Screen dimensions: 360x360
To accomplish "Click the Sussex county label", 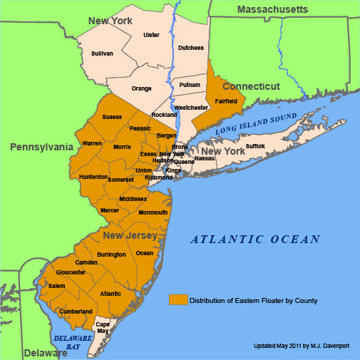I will point(112,116).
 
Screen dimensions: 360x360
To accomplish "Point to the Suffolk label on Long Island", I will point(255,146).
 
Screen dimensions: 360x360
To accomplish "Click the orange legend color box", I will point(178,300).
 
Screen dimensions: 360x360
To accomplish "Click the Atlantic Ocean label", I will point(254,240).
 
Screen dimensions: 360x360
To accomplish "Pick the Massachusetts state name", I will point(272,9).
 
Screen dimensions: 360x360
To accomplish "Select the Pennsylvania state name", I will point(41,147).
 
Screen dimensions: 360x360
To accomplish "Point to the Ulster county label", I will point(151,34).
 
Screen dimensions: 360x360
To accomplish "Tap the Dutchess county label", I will point(190,48).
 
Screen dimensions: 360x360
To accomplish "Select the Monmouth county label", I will point(153,212).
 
